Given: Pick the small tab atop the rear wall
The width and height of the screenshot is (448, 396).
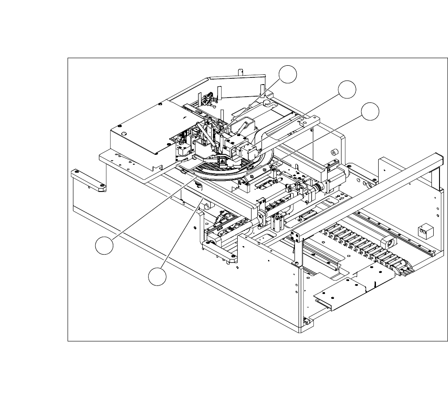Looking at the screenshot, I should tap(240, 70).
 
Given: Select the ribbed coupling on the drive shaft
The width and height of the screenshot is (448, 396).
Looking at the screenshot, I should tap(319, 187).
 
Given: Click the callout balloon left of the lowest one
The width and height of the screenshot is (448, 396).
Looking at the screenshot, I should tap(104, 247).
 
